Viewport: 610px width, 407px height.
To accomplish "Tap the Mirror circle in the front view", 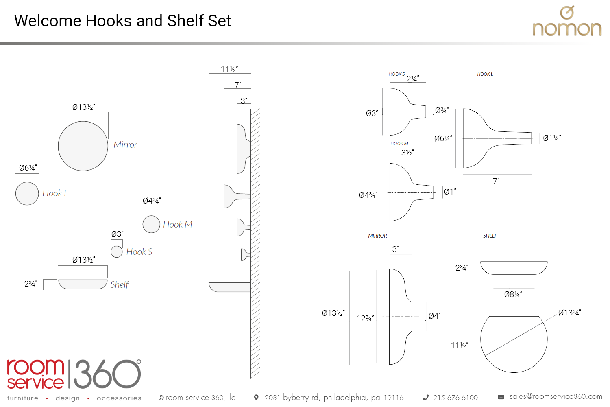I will click(x=83, y=146).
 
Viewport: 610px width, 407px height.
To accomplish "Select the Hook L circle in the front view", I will click(x=27, y=193).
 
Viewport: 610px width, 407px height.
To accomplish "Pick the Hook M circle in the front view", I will click(x=151, y=224).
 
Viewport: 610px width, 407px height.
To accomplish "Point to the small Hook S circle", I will click(x=117, y=252).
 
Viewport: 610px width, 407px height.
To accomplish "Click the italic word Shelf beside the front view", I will click(x=119, y=284).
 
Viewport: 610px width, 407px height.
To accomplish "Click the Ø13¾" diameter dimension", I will click(x=569, y=313).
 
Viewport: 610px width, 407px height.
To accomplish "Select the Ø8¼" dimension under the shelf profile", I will click(x=513, y=294).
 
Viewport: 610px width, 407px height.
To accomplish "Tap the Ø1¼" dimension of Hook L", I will click(x=551, y=138).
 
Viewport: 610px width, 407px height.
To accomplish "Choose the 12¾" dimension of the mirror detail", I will click(x=365, y=318).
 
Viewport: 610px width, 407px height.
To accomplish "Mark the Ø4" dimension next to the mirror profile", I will click(x=434, y=316).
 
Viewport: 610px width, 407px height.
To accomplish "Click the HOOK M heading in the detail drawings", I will click(x=399, y=144).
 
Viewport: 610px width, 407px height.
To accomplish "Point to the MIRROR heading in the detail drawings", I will click(x=377, y=236).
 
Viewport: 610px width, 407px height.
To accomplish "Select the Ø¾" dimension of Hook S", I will click(x=442, y=110).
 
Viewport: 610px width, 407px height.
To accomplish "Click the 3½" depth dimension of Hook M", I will click(x=407, y=153).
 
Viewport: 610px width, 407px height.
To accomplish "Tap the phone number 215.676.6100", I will click(x=455, y=398).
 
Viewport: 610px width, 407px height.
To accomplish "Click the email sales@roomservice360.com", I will click(x=556, y=396).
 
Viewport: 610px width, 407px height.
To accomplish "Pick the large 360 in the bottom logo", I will click(x=107, y=374).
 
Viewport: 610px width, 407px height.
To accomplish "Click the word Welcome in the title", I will click(x=48, y=21).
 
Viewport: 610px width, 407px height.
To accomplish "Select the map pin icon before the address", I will click(x=256, y=397).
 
